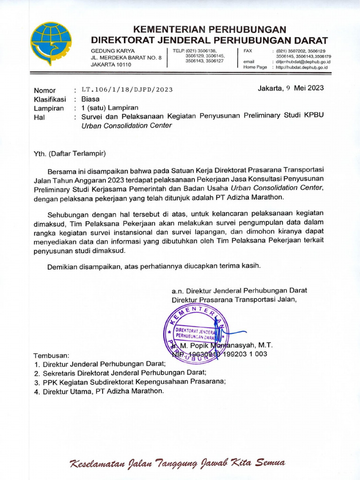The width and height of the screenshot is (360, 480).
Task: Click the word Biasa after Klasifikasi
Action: (90, 99)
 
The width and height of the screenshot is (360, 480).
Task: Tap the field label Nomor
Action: (45, 90)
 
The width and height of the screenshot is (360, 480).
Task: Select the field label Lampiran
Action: (48, 108)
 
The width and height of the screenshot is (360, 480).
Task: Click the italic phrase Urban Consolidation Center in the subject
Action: (127, 126)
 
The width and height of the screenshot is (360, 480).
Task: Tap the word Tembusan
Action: (52, 355)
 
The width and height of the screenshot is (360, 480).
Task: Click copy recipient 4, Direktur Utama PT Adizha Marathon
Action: (103, 390)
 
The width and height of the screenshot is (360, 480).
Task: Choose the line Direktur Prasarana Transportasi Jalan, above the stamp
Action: (234, 300)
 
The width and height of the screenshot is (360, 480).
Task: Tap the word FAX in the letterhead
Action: (248, 50)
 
